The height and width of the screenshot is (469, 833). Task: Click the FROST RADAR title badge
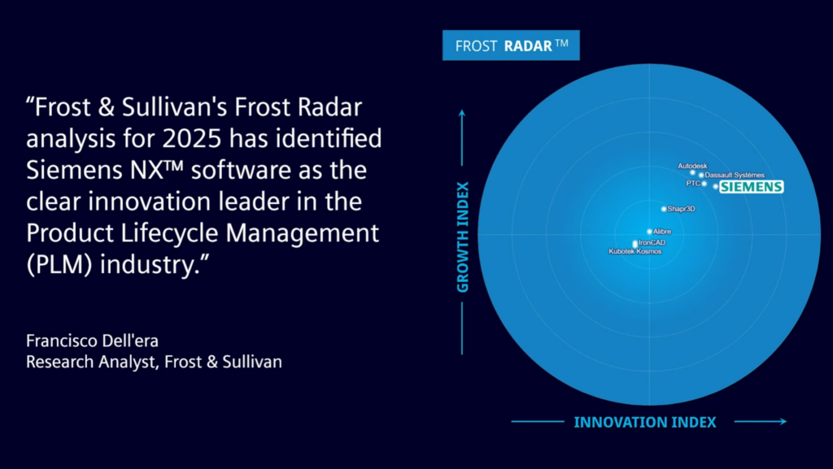(x=511, y=46)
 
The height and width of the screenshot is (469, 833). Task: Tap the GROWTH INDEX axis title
(x=462, y=237)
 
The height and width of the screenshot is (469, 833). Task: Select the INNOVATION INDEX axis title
(x=645, y=422)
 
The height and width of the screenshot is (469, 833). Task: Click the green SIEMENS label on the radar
(x=752, y=187)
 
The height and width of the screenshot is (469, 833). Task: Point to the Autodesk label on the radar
(x=692, y=166)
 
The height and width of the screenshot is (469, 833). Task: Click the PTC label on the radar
(x=692, y=184)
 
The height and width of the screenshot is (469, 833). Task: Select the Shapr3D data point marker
(x=664, y=209)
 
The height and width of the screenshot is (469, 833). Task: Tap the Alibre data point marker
(x=649, y=232)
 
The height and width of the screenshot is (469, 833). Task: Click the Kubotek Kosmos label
(x=635, y=252)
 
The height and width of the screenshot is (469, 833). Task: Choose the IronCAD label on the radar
(x=652, y=242)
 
